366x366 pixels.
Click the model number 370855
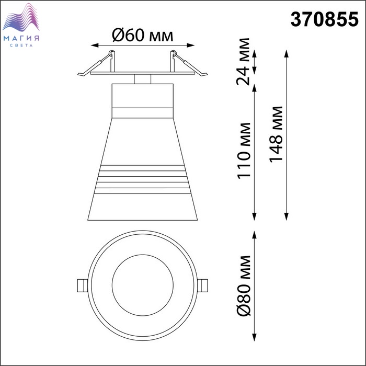(324, 19)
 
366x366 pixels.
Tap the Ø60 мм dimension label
(142, 36)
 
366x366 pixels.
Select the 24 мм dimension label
(243, 62)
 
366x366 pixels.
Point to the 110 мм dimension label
(244, 151)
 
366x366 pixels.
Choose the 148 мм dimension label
(276, 134)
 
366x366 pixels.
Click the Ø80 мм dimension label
(244, 286)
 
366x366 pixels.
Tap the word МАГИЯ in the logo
(21, 39)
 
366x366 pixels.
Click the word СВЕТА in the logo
(21, 45)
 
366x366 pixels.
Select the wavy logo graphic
(21, 17)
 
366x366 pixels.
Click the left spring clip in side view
(96, 64)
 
